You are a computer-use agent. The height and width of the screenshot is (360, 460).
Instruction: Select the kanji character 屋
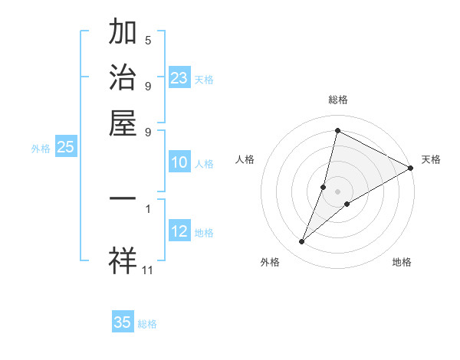(123, 123)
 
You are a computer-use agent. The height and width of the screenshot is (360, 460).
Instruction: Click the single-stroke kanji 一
(123, 199)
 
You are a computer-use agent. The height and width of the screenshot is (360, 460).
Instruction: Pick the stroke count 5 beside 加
(148, 40)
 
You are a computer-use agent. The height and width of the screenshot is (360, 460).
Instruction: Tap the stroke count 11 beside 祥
(148, 269)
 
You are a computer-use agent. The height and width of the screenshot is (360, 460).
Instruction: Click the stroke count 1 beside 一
(148, 208)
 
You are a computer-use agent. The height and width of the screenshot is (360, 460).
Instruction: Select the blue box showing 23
(179, 78)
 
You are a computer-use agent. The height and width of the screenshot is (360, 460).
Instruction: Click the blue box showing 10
(179, 162)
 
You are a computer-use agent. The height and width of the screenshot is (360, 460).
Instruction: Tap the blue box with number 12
(179, 231)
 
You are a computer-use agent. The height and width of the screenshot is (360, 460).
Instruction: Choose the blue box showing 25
(65, 147)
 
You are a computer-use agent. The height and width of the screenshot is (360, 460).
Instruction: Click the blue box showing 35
(123, 322)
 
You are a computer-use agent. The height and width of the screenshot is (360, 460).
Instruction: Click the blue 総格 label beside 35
(147, 324)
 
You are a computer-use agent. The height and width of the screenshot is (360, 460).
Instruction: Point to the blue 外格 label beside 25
(41, 149)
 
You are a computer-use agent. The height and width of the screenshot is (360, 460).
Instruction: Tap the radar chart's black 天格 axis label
(431, 159)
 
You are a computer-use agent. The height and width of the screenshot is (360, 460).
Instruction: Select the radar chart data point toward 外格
(302, 242)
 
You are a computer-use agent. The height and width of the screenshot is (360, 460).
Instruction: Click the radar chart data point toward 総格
(337, 130)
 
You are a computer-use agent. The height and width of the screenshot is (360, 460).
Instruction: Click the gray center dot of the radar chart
(337, 191)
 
